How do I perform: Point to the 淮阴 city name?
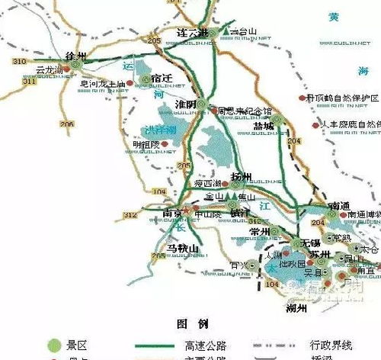pos(186,104)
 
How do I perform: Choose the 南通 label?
pos(340,206)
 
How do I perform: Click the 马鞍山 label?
pos(183,249)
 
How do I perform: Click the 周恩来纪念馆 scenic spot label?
pos(246,111)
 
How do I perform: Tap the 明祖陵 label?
pos(146,143)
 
